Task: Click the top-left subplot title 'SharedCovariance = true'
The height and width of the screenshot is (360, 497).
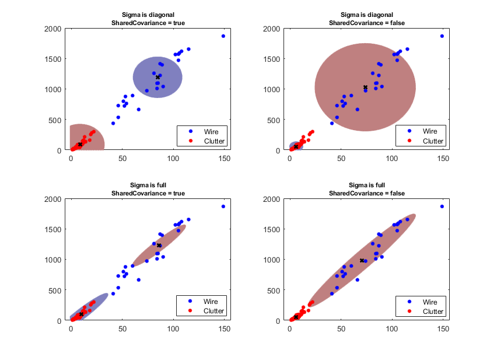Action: pyautogui.click(x=148, y=22)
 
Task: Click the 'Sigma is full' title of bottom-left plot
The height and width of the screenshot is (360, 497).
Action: pyautogui.click(x=148, y=185)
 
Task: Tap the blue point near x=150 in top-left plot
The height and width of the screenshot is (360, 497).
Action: pyautogui.click(x=223, y=36)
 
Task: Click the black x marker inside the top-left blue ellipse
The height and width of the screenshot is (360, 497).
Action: pyautogui.click(x=157, y=77)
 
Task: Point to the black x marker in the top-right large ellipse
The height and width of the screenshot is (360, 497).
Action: pyautogui.click(x=365, y=88)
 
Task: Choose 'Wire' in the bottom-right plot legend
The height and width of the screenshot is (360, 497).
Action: pyautogui.click(x=430, y=302)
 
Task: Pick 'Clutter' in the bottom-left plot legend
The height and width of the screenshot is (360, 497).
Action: pyautogui.click(x=213, y=312)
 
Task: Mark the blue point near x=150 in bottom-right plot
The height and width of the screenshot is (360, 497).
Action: pyautogui.click(x=442, y=207)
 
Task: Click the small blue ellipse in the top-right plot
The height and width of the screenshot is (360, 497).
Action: pyautogui.click(x=296, y=146)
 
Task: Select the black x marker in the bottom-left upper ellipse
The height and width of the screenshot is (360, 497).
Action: pyautogui.click(x=159, y=246)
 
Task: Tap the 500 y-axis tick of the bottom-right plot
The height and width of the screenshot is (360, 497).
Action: pyautogui.click(x=278, y=290)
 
